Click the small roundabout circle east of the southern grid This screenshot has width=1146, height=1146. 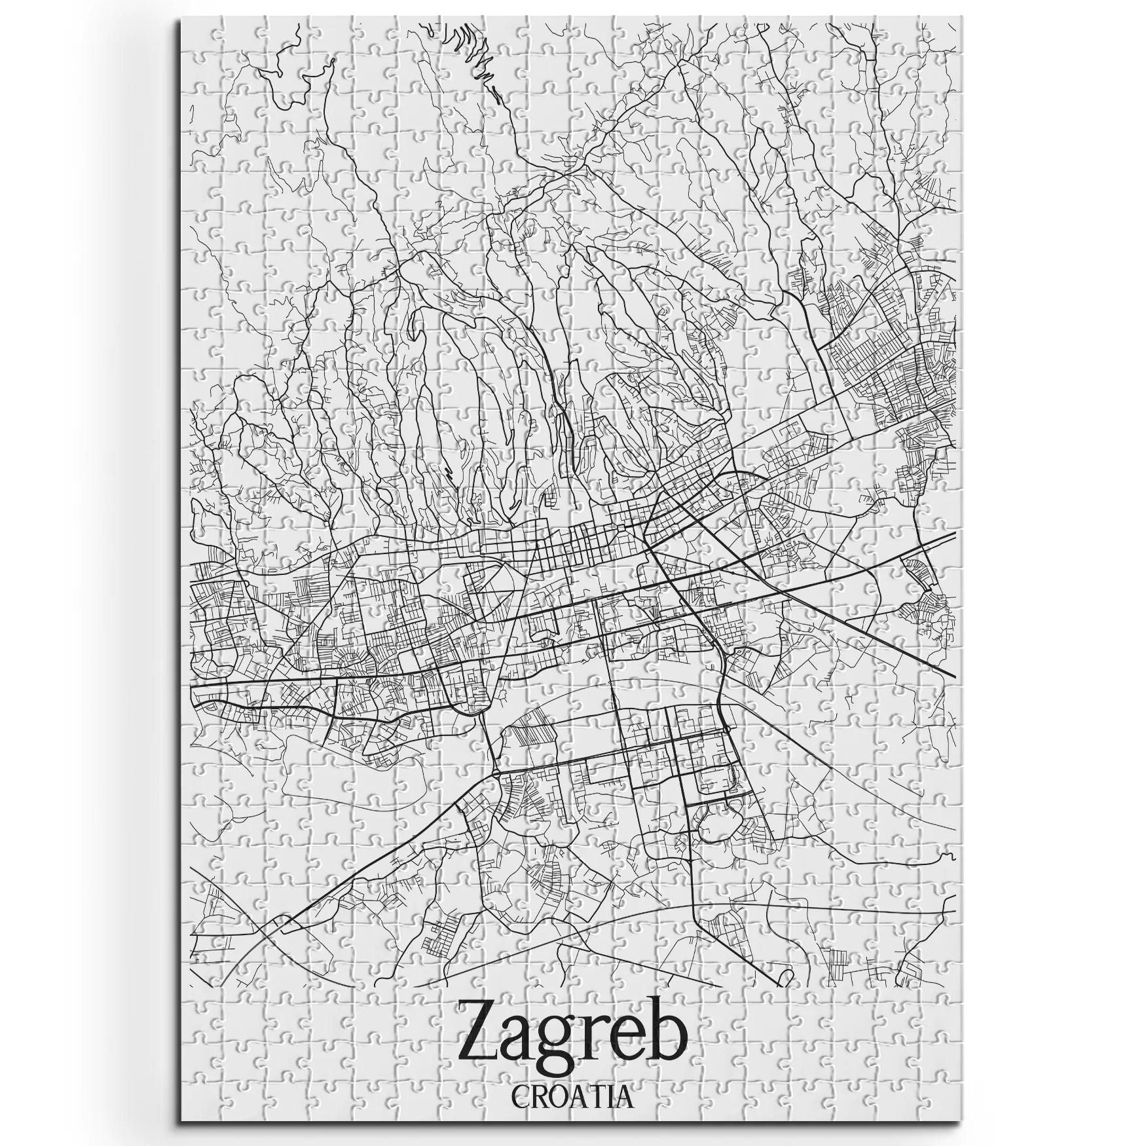click(726, 730)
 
